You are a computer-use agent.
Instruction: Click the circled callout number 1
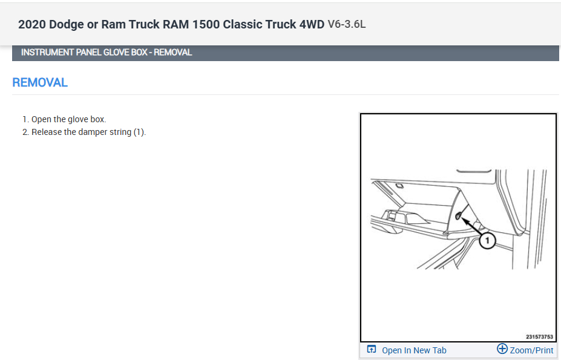[x=487, y=241]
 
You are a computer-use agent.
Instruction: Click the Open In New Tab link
[x=414, y=350]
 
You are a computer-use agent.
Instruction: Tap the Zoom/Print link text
[x=531, y=350]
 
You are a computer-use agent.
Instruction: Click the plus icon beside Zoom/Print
[x=502, y=349]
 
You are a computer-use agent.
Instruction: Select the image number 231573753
[x=539, y=337]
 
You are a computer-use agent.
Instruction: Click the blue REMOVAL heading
[x=40, y=83]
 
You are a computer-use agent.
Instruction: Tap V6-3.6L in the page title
[x=347, y=25]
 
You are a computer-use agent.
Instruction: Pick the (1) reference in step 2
[x=139, y=132]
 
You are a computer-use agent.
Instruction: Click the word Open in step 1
[x=41, y=119]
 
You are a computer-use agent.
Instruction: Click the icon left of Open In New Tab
[x=372, y=350]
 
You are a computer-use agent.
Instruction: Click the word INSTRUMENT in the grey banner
[x=45, y=53]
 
